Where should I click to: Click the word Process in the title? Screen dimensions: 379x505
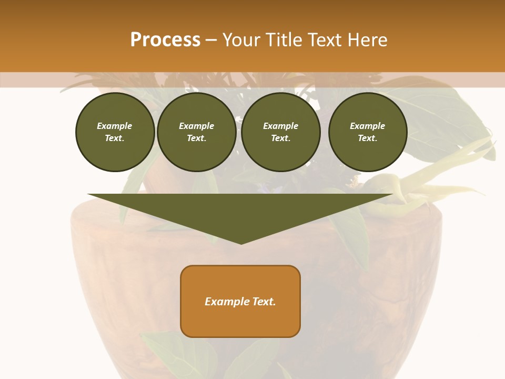(x=165, y=40)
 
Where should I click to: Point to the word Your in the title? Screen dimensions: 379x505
(x=241, y=40)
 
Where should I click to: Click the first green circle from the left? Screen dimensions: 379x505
(x=115, y=132)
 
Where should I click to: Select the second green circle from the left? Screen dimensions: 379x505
(x=196, y=132)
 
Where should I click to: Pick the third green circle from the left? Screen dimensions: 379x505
(x=280, y=132)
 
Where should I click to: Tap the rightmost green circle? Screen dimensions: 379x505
(x=368, y=132)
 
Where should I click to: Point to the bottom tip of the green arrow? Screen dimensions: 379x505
(x=241, y=243)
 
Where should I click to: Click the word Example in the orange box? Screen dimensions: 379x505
(x=226, y=302)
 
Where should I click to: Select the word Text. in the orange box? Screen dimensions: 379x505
(x=263, y=302)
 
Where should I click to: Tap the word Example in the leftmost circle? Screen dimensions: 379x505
(x=115, y=126)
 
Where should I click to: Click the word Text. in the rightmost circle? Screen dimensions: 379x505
(x=368, y=138)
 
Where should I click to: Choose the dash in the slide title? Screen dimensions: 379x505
(x=211, y=40)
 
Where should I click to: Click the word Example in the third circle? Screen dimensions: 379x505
(x=280, y=126)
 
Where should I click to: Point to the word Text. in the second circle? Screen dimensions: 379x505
(x=196, y=138)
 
